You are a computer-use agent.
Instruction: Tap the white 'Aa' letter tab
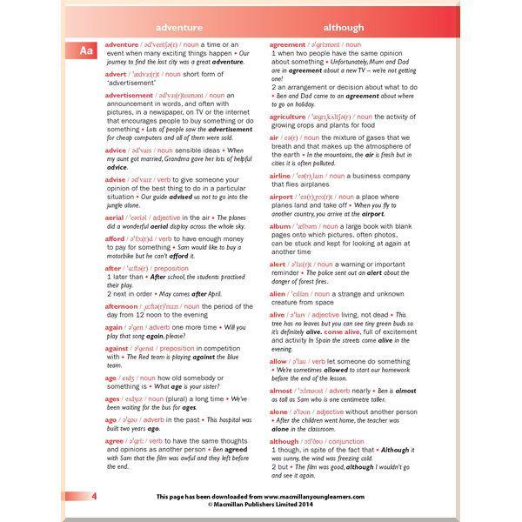pos(86,51)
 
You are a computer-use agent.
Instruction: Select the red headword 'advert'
pos(116,74)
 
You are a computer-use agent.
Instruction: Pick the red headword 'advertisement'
pos(129,95)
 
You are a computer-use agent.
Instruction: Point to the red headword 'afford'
pos(115,238)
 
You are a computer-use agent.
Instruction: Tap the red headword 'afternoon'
pos(121,306)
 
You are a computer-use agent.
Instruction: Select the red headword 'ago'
pos(110,419)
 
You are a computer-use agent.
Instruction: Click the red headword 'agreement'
pos(287,44)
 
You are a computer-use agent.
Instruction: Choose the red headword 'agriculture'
pos(288,116)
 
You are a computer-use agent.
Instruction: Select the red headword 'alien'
pos(278,293)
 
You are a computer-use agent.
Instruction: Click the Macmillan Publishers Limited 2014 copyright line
pos(260,505)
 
